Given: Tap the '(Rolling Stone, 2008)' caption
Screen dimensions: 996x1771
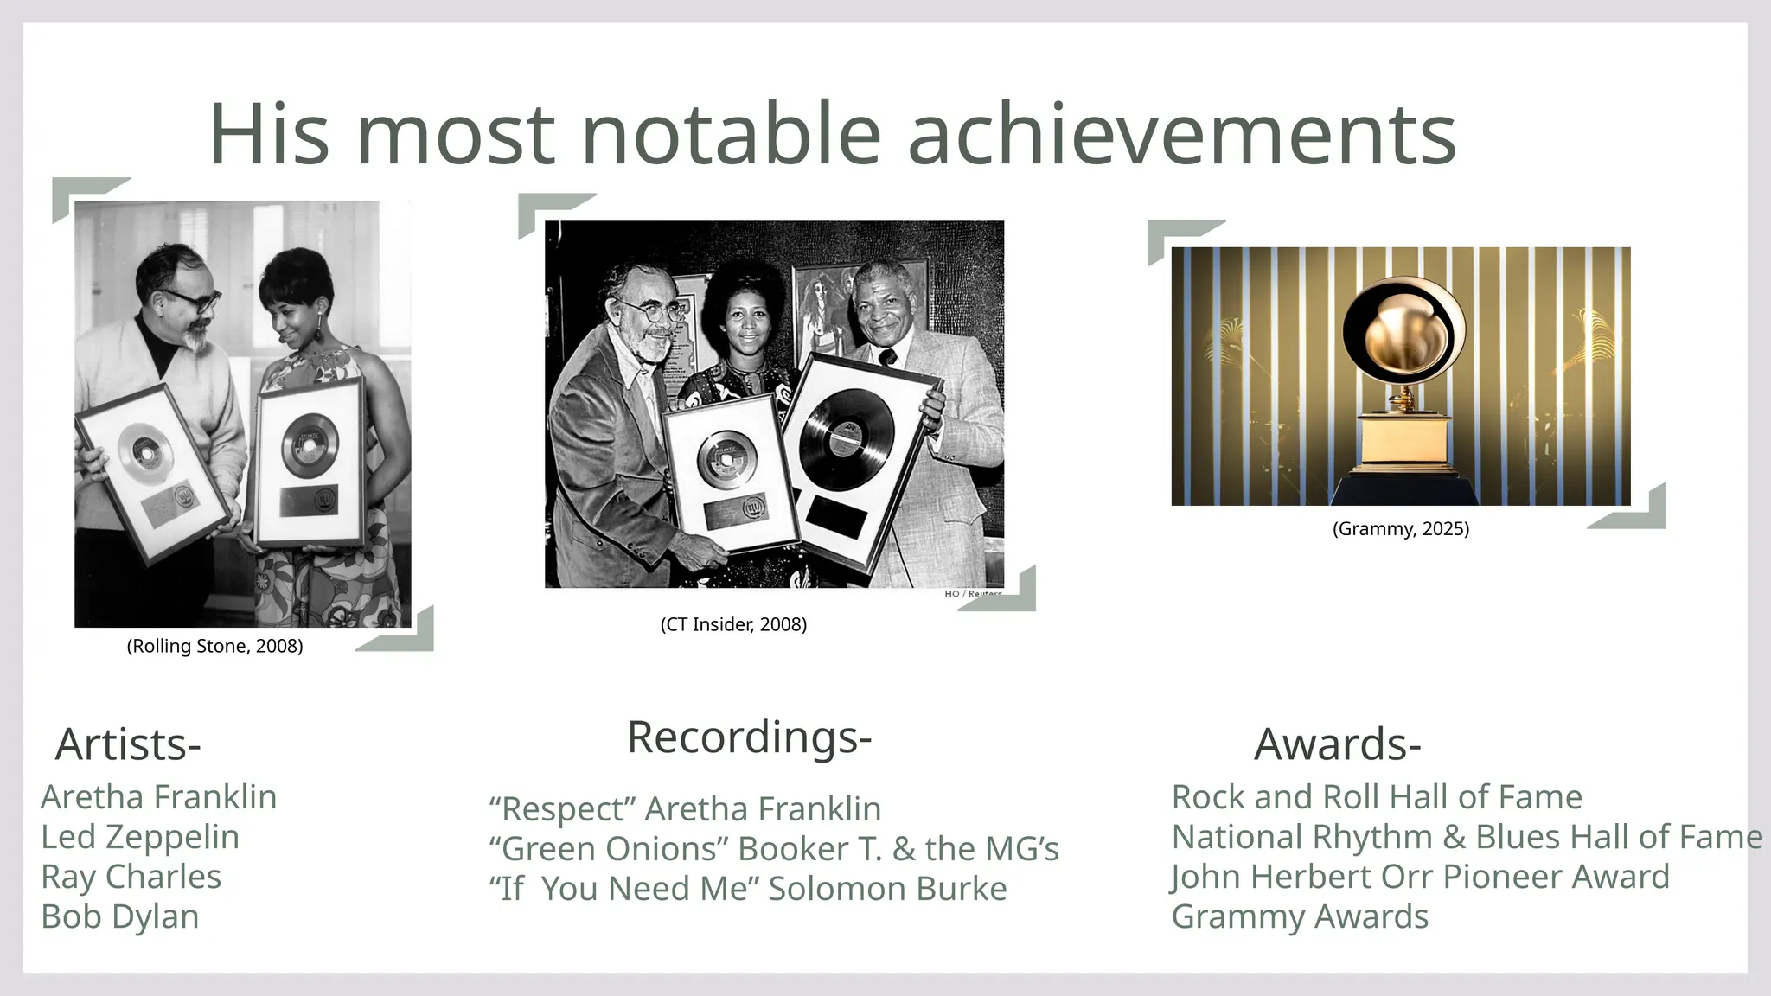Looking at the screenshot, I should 214,646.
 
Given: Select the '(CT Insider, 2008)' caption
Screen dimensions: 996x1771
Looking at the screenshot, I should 733,624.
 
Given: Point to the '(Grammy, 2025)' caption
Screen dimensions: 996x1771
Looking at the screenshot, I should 1401,528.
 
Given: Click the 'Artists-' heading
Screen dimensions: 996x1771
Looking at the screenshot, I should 128,744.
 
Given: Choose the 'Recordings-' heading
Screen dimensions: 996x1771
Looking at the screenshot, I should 749,737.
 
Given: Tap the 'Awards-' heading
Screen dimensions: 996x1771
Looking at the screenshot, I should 1337,744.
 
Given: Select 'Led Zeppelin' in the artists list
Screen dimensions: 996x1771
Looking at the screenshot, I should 140,837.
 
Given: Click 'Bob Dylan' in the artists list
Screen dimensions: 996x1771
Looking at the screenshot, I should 120,916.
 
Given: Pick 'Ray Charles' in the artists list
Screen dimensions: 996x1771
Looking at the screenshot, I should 131,877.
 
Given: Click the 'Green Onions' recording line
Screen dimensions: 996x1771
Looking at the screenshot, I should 773,849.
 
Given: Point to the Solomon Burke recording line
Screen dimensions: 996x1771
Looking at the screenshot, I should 747,889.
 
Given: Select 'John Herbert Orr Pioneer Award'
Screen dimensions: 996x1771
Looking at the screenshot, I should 1420,877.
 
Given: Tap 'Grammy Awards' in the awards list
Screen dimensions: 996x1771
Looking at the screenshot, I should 1300,916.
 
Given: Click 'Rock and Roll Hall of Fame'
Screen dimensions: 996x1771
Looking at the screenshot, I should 1377,797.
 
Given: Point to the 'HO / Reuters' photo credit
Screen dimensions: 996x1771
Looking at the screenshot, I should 973,594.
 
